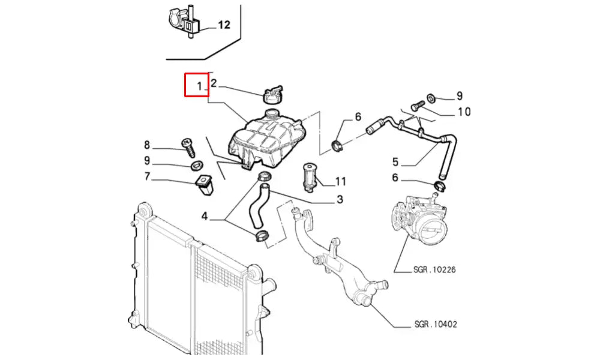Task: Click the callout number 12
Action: [224, 25]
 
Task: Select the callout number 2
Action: [213, 84]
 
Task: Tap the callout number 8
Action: [147, 145]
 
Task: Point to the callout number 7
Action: [147, 177]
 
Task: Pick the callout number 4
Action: [205, 216]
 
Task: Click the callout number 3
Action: [339, 199]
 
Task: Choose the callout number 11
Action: [341, 181]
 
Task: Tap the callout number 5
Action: [395, 161]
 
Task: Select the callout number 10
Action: [464, 112]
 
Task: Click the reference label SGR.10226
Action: [435, 270]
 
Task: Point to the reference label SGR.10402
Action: [436, 325]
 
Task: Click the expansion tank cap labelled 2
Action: [272, 94]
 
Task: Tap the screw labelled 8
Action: [187, 145]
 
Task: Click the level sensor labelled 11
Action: [310, 175]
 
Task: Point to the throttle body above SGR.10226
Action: [419, 219]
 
